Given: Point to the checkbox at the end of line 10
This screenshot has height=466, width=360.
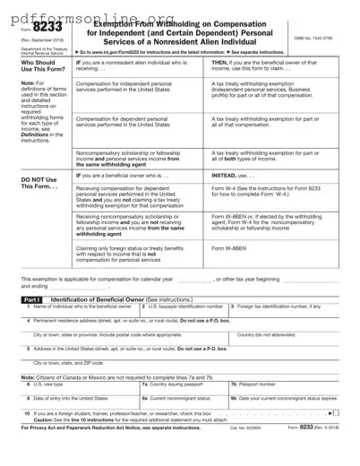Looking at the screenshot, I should (336, 439).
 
